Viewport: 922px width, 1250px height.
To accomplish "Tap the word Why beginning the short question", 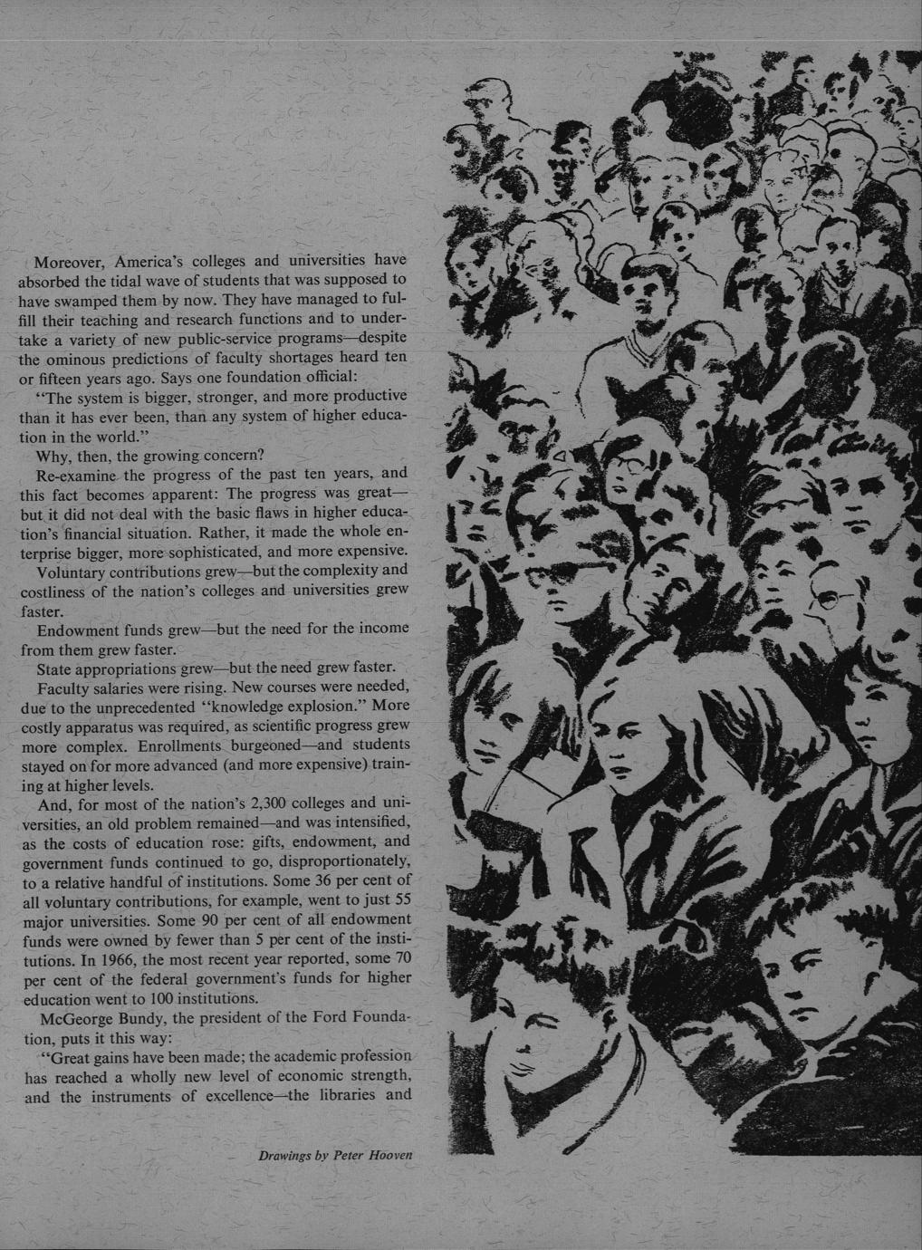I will click(x=51, y=455).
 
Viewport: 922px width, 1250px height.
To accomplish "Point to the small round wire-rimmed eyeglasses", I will click(x=829, y=599).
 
